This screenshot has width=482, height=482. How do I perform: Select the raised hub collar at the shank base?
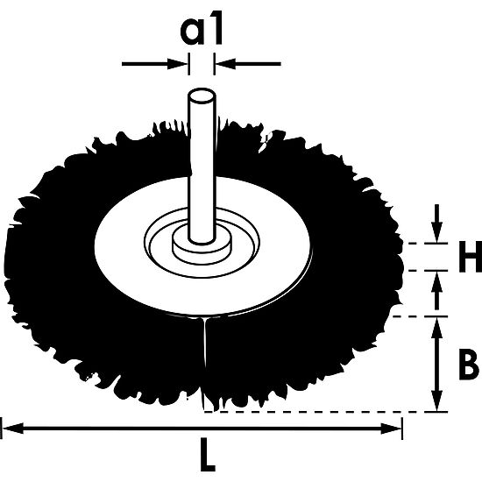click(201, 246)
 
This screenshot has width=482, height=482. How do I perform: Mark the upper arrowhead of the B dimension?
click(436, 323)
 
